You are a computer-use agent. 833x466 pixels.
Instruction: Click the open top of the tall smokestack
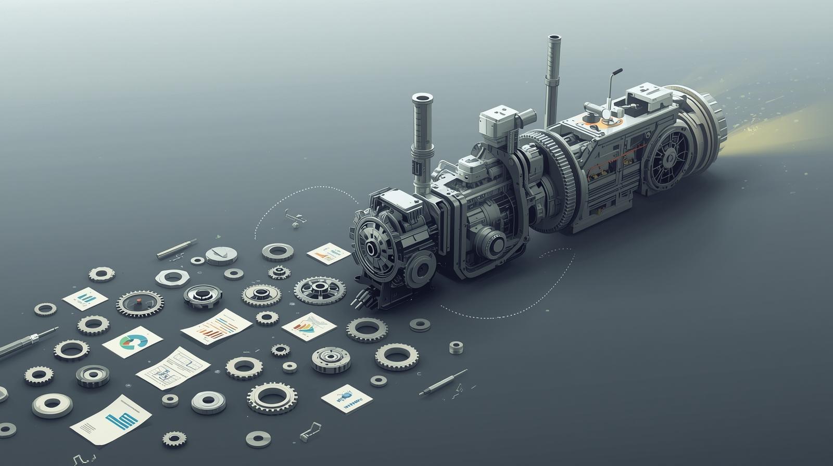point(553,38)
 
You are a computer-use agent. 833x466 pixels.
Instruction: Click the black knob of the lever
point(618,71)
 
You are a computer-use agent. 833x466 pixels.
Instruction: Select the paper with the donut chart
point(133,342)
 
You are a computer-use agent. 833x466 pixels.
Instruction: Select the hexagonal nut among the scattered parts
point(171,278)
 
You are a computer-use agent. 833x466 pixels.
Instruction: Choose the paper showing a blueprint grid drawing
point(173,368)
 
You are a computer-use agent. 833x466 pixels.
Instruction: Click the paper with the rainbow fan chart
point(309,327)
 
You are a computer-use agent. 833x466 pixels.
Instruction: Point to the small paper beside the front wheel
point(328,254)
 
